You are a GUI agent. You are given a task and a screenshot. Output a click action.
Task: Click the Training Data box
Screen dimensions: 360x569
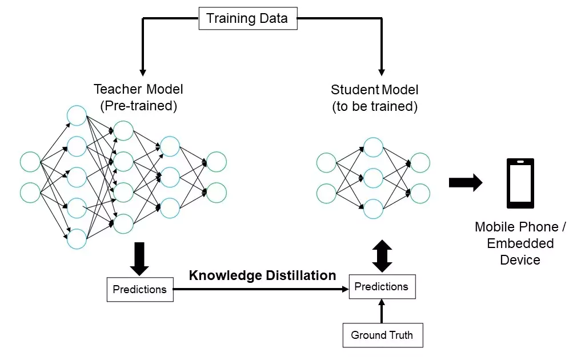247,19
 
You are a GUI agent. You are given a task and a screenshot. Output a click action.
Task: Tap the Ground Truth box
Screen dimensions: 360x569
382,335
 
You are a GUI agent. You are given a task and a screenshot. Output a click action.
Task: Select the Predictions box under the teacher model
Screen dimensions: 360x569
140,289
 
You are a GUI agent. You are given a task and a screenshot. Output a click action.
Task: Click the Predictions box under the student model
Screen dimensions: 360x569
382,286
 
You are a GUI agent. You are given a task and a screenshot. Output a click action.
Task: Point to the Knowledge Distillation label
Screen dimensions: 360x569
262,275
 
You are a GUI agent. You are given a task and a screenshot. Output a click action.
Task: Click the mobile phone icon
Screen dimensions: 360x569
520,183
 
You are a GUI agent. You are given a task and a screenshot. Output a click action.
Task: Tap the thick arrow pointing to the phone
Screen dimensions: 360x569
465,183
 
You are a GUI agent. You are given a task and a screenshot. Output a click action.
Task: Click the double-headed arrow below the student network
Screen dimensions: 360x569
382,255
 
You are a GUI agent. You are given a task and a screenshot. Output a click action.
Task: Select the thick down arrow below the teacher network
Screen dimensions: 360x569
139,259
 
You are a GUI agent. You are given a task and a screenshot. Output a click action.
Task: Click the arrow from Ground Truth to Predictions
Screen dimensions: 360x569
382,311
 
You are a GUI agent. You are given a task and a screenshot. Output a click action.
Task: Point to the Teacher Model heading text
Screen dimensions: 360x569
139,90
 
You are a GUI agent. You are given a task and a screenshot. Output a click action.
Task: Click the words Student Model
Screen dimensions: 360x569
375,90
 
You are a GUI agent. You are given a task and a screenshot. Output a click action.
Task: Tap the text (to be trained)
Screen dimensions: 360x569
375,106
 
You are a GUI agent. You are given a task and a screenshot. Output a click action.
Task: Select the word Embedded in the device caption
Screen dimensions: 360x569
520,243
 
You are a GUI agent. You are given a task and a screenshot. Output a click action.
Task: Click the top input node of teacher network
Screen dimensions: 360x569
30,162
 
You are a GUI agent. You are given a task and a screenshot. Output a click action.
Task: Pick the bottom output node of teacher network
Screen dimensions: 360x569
216,193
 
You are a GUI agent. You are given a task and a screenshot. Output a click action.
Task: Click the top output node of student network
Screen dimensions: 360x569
420,163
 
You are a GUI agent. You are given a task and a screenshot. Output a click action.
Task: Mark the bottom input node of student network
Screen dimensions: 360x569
326,193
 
